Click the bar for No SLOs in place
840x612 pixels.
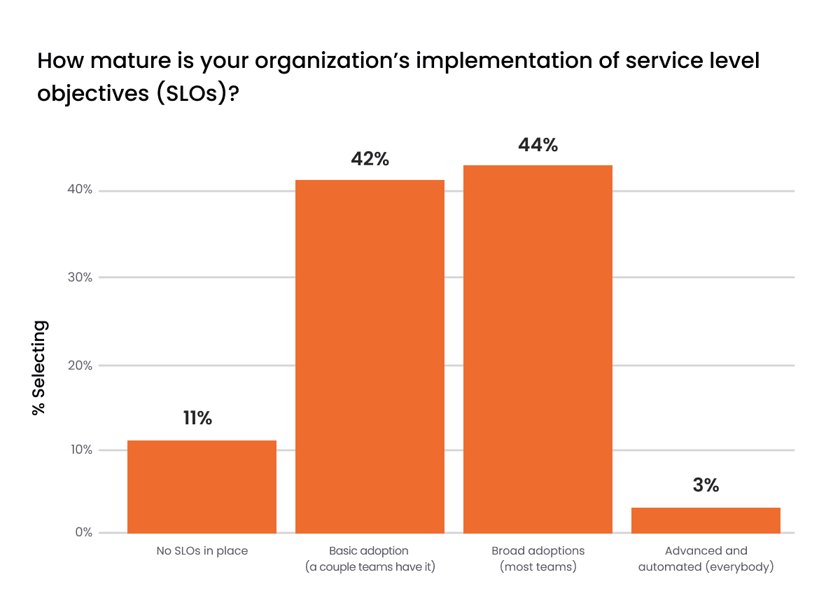pos(202,487)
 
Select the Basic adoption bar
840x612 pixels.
pos(370,356)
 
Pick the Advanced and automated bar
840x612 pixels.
pos(706,520)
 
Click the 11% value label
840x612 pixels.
pos(197,419)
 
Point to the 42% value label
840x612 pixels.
pos(370,159)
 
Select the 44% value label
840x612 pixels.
pos(538,145)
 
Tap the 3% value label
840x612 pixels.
pos(706,485)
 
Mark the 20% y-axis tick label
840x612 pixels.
pos(81,365)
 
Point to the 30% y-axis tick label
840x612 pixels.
pos(81,277)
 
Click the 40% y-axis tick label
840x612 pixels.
pos(81,190)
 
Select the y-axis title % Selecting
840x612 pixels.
pos(41,368)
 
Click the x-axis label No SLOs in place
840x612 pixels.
pos(202,551)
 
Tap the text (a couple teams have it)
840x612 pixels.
pos(370,567)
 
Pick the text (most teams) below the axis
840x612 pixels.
pos(538,567)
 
